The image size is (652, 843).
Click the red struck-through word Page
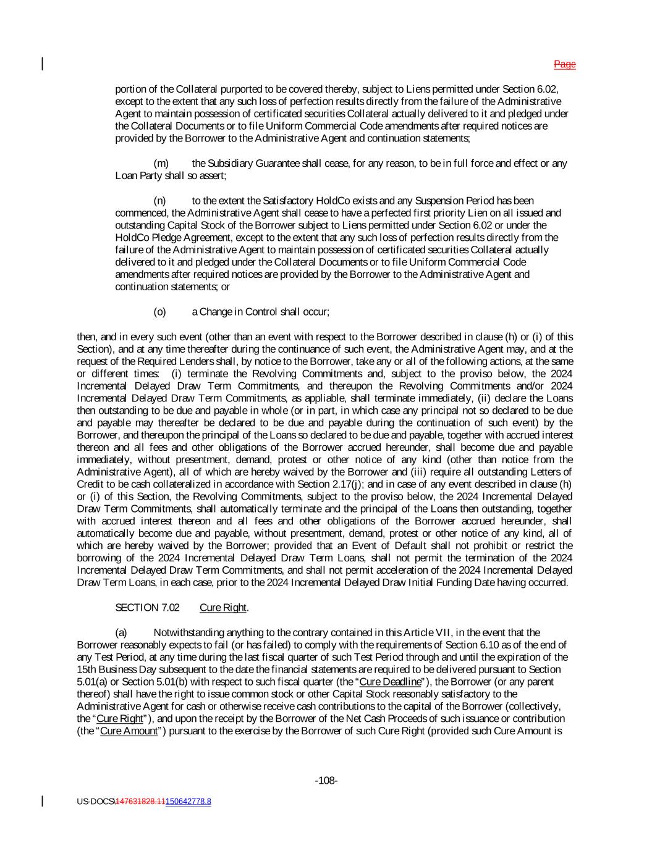[x=564, y=64]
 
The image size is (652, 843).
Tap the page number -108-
[x=326, y=781]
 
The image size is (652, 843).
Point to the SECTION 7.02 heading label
[x=147, y=608]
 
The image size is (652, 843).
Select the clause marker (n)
[x=160, y=201]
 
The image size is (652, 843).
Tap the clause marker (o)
[x=160, y=312]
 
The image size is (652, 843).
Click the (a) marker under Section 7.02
[x=121, y=632]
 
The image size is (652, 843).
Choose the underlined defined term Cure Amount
[x=129, y=731]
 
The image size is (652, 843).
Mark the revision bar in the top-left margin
[x=43, y=64]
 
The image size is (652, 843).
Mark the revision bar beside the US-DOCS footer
[x=43, y=801]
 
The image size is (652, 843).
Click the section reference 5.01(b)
[x=148, y=682]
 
